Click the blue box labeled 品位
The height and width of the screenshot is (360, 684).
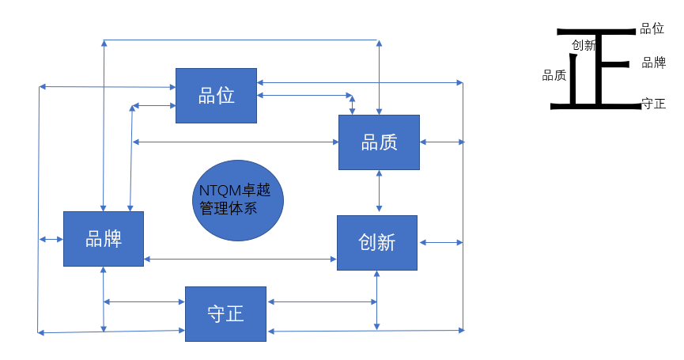tap(216, 96)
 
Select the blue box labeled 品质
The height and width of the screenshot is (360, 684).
tap(379, 142)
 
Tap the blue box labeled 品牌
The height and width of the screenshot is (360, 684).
tap(104, 239)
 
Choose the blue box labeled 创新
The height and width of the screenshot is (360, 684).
tap(377, 243)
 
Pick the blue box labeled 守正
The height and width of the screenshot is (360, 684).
tap(225, 314)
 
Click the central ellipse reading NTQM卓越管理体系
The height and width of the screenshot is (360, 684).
tap(238, 200)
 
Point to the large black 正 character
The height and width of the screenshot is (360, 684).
tap(596, 69)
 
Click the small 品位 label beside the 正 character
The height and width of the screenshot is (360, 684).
tap(652, 28)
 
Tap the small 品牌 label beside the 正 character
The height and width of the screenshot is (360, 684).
tap(653, 63)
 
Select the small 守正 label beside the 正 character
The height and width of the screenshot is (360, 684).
tap(653, 104)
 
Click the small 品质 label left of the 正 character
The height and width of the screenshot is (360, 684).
tap(554, 75)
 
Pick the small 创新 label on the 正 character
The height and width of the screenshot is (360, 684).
tap(584, 45)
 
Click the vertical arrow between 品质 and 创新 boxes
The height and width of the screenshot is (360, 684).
tap(379, 191)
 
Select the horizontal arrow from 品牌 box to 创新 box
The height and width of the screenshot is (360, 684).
tap(240, 260)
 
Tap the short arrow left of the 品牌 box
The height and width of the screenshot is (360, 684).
tap(51, 239)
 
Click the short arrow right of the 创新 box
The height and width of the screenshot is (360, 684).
tap(441, 242)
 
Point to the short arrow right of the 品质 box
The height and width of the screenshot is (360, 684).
tap(442, 142)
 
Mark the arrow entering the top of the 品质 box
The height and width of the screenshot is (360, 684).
tap(379, 78)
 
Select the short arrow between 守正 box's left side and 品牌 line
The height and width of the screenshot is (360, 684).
tap(144, 301)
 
